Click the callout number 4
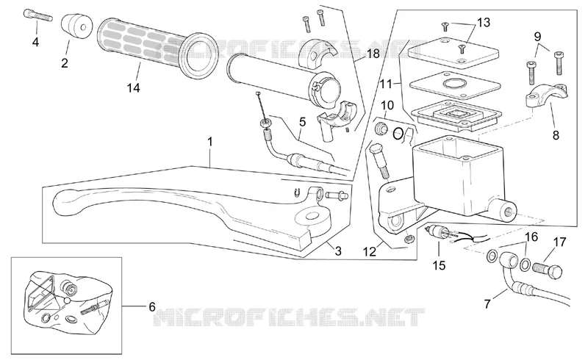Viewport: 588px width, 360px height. coord(35,42)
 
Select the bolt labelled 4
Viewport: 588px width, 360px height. coord(37,15)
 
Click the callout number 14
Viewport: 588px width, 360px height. coord(133,87)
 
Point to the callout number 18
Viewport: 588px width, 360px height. coord(373,54)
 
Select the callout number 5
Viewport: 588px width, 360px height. coord(303,122)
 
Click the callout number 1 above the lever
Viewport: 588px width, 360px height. coord(210,142)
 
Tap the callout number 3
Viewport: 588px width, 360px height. coord(338,251)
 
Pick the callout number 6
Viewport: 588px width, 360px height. coord(152,307)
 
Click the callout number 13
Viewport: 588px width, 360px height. coord(484,23)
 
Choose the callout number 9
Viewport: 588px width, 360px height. coord(537,37)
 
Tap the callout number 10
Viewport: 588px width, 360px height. coord(387,105)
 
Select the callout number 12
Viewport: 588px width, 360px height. coord(370,251)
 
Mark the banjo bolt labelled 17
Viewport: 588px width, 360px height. coord(547,270)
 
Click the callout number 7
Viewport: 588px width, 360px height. coord(487,303)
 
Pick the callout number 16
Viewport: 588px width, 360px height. coord(531,237)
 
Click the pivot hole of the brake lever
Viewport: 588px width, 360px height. coord(310,217)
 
